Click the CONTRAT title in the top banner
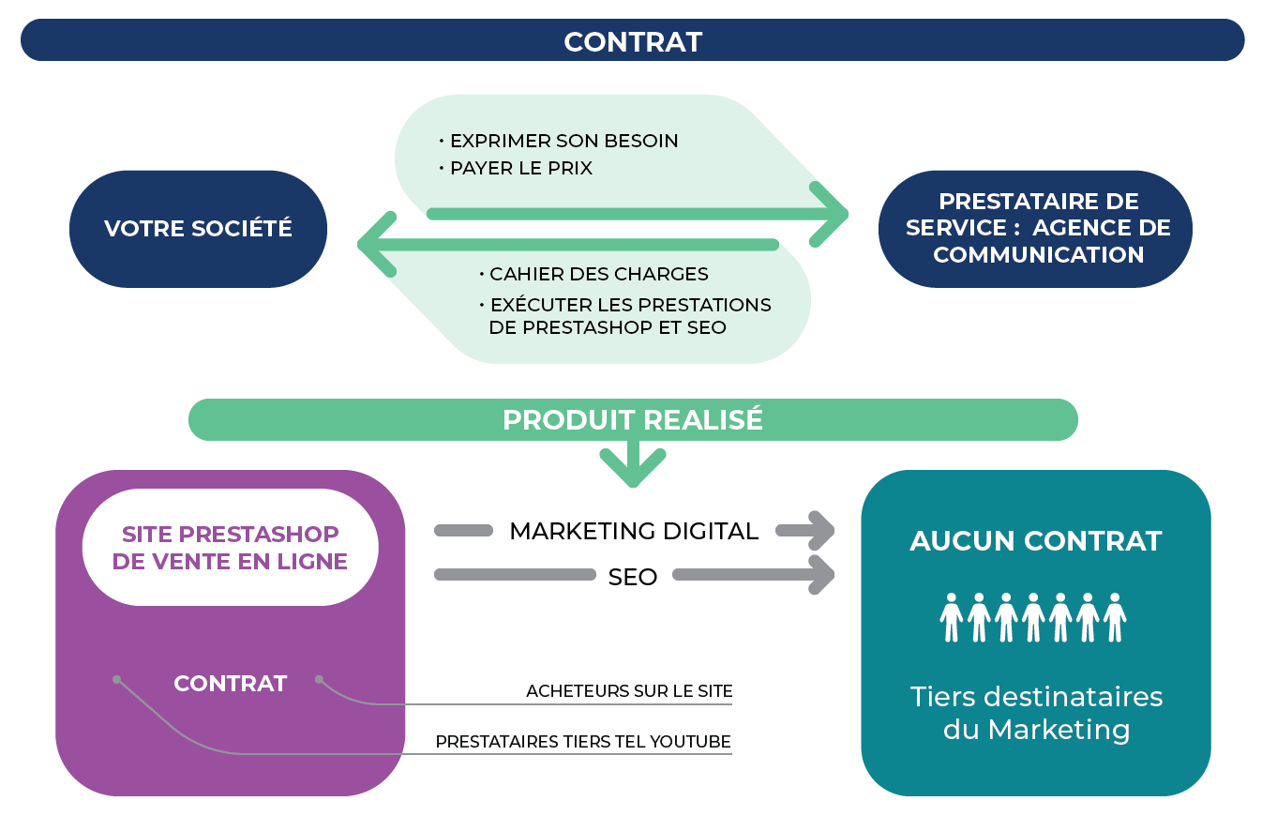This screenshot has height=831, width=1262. click(x=632, y=42)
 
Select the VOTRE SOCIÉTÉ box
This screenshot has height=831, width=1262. click(x=198, y=229)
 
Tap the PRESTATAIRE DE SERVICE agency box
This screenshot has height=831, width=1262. click(x=1037, y=229)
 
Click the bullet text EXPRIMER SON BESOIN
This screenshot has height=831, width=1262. click(x=563, y=142)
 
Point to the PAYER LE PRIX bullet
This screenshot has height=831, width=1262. click(x=520, y=169)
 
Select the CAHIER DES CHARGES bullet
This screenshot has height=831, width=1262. click(x=598, y=275)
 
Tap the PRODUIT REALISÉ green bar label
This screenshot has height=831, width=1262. click(x=632, y=420)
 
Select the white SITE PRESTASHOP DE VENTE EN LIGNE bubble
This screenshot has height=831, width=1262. click(x=230, y=548)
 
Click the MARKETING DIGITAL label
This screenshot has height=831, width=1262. click(x=633, y=532)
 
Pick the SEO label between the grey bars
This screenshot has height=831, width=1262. click(x=633, y=577)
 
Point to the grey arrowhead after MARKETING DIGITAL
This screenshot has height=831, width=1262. click(x=819, y=531)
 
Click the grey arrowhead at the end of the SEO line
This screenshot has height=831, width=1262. click(x=819, y=575)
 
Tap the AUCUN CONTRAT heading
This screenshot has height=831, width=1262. click(x=1035, y=541)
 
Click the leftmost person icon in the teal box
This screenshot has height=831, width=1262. click(x=952, y=617)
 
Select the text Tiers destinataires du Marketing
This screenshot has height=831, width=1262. click(x=1035, y=713)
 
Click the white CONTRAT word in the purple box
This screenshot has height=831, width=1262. click(x=230, y=684)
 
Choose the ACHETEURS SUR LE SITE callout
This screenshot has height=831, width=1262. click(x=628, y=691)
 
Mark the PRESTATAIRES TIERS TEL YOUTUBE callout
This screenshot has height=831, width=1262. click(x=582, y=742)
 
